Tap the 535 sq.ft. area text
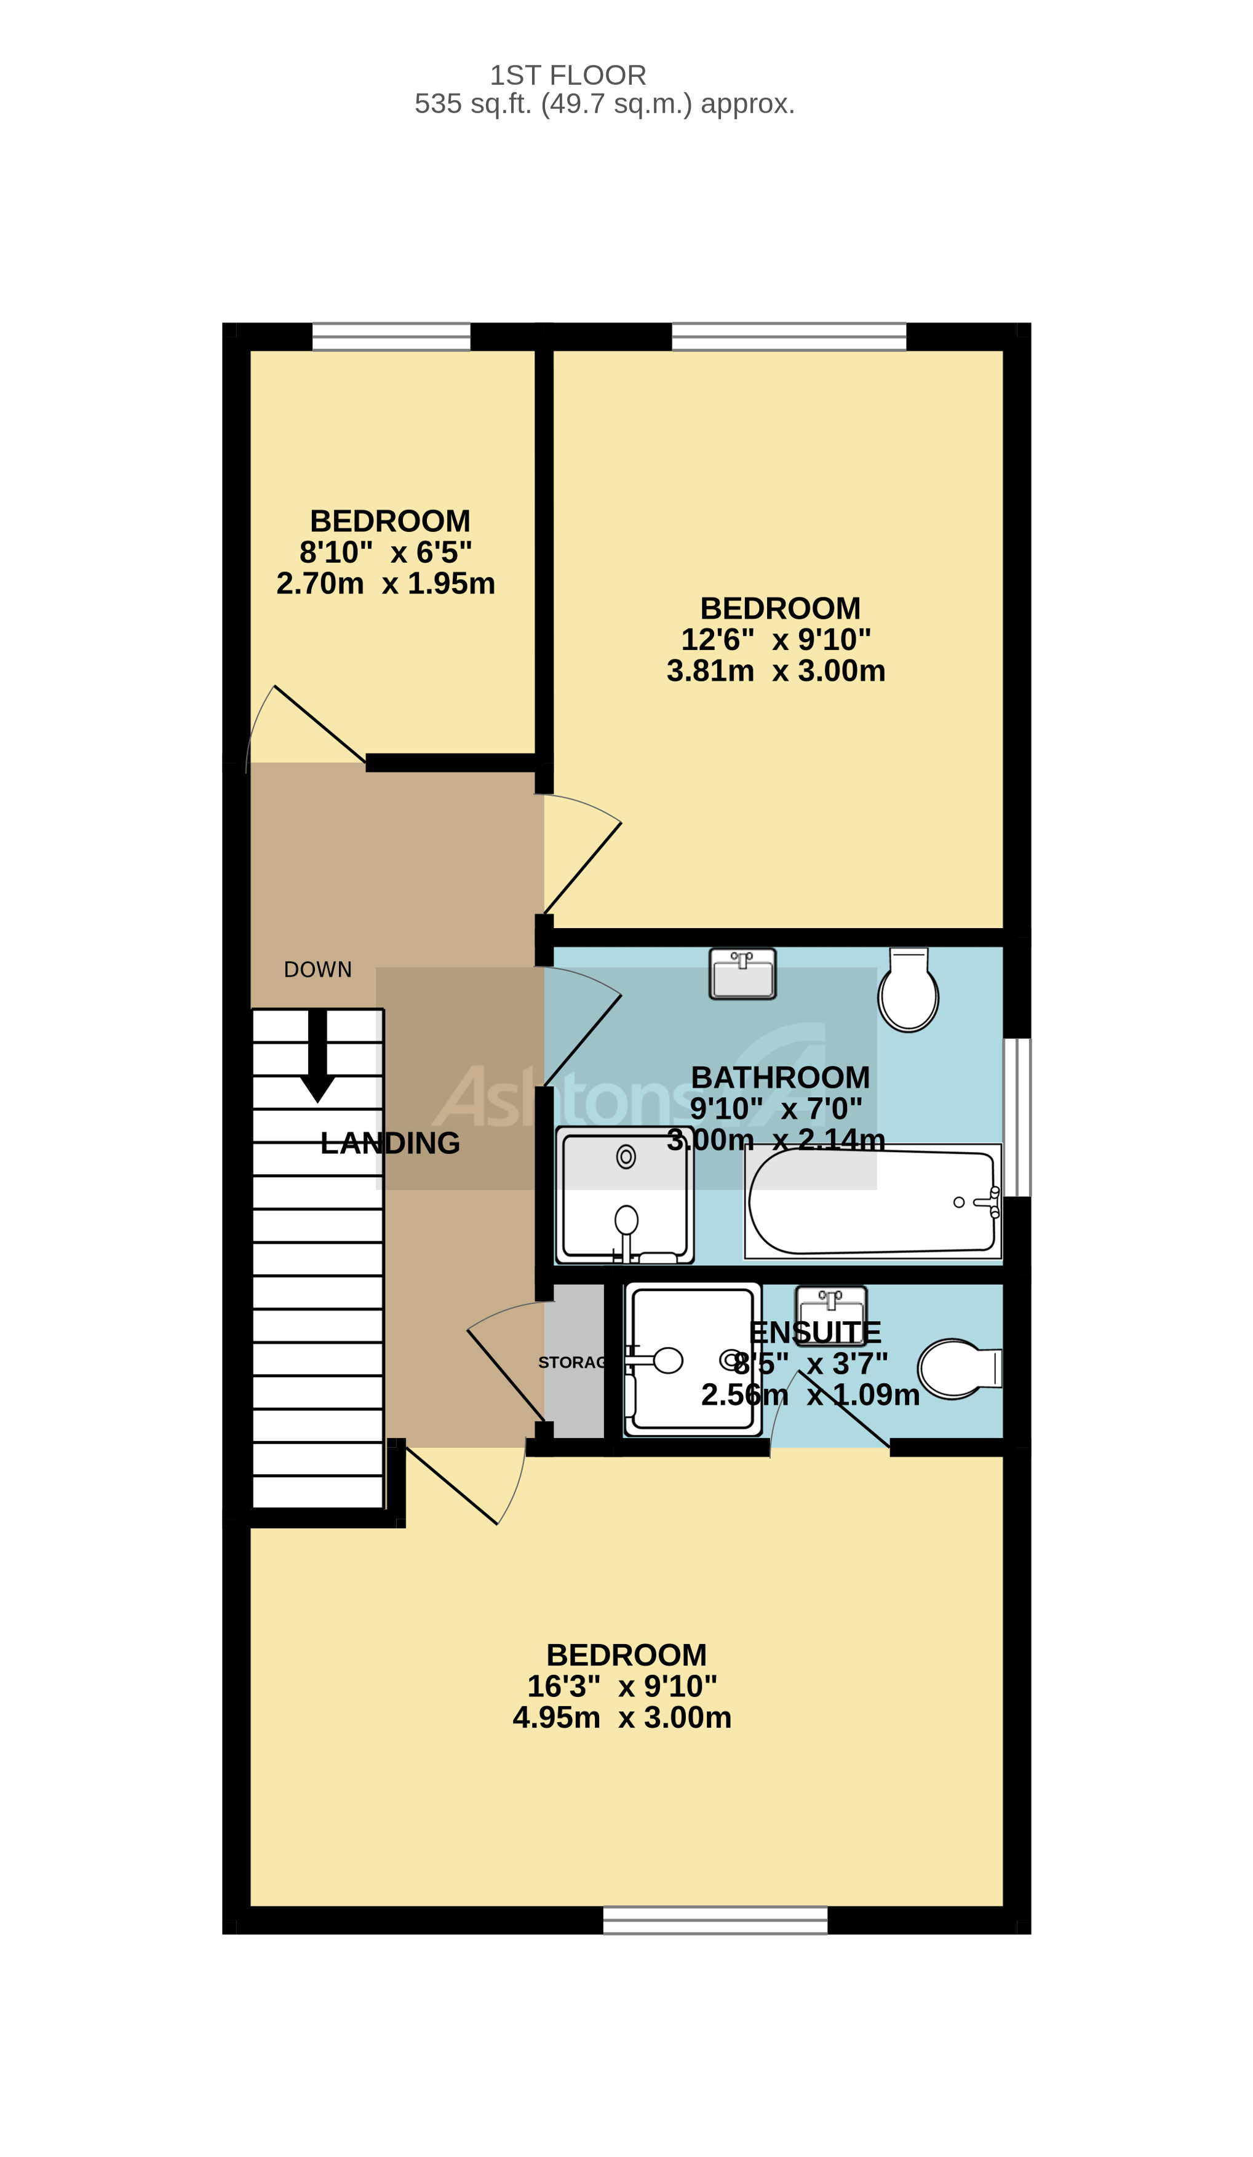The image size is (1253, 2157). click(604, 103)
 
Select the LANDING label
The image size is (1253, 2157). click(390, 1143)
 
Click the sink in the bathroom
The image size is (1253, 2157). click(742, 974)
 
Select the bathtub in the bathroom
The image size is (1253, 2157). click(871, 1202)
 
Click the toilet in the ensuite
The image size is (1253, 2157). click(957, 1368)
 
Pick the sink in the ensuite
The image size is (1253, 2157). click(830, 1306)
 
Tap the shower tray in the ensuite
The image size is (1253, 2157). click(691, 1359)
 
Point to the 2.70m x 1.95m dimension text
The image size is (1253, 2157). click(385, 584)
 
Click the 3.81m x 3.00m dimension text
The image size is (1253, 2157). click(776, 671)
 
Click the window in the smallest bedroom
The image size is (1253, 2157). click(391, 337)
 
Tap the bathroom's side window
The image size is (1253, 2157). click(1016, 1116)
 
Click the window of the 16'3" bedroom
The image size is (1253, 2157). click(715, 1920)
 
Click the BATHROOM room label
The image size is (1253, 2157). click(780, 1077)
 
